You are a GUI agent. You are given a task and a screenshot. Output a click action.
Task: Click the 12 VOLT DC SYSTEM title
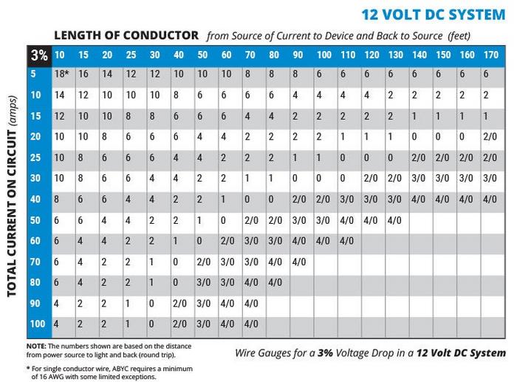coord(434,14)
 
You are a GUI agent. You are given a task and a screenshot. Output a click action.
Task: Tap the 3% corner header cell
coord(38,55)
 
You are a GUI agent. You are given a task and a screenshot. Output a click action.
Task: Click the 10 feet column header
coord(60,55)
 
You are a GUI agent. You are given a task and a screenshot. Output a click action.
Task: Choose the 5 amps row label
coord(34,74)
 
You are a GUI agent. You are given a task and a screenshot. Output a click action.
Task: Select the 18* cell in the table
coord(61,74)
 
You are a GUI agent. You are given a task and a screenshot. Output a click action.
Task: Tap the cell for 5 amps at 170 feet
coord(486,74)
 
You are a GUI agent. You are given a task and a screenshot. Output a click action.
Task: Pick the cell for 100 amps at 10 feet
coord(57,324)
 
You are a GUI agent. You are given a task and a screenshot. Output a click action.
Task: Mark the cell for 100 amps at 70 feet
coord(251,324)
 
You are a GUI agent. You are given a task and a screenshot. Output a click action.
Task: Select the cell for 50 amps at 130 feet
coord(395,219)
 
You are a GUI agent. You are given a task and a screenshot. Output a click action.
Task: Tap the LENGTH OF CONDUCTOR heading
coord(126,35)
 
